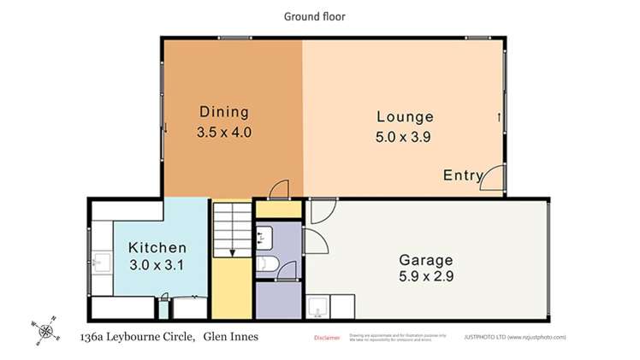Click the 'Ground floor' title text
tap(315, 16)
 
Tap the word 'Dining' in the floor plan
tap(223, 112)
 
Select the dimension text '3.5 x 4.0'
tap(223, 133)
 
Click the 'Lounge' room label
tap(405, 117)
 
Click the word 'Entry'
tap(463, 175)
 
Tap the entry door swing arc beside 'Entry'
tap(495, 177)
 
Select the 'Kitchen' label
tap(157, 247)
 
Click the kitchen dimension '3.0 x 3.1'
tap(157, 265)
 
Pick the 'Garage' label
tap(426, 260)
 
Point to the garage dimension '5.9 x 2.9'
tap(426, 278)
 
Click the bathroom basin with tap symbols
tap(264, 236)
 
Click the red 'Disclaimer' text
tap(328, 338)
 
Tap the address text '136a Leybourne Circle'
tap(136, 336)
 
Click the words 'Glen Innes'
tap(231, 336)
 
